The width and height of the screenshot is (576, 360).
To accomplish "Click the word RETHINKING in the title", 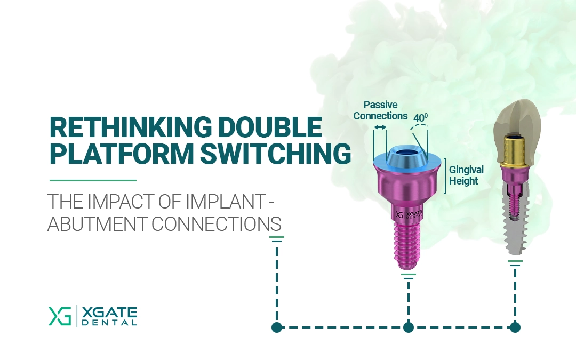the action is pos(131,127).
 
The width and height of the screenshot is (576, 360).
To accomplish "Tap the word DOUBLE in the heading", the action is pos(270,127).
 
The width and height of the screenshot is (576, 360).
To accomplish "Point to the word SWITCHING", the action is pos(275,153).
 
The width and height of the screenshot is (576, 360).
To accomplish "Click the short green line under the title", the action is pos(93,180).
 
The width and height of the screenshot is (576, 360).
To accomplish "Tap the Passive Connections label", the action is pos(381,110).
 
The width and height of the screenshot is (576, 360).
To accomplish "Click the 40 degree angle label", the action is pos(421,117).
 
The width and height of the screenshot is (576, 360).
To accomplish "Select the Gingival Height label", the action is pos(466,175).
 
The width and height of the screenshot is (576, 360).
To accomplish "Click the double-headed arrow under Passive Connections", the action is pos(380,127).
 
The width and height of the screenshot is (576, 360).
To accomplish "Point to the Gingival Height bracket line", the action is pos(445,176).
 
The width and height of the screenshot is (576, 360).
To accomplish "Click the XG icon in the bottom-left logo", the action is pos(60,316).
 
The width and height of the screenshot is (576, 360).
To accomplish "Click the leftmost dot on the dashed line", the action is pos(277,327).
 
